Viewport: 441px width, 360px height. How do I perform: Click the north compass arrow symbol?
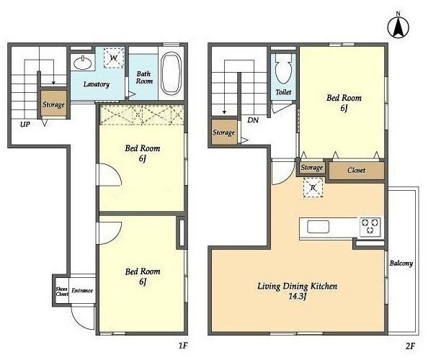pyautogui.click(x=398, y=27)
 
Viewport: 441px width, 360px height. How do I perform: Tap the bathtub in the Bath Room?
pyautogui.click(x=171, y=73)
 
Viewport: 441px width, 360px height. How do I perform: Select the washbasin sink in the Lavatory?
pyautogui.click(x=83, y=63)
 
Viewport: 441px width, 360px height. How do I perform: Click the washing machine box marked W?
pyautogui.click(x=114, y=58)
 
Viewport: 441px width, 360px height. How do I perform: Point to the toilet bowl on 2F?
pyautogui.click(x=283, y=68)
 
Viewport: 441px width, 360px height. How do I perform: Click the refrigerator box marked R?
pyautogui.click(x=313, y=187)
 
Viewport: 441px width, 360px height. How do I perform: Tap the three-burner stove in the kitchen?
pyautogui.click(x=370, y=227)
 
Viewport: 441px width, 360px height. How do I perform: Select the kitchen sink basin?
pyautogui.click(x=318, y=227)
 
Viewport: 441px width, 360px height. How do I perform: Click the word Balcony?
pyautogui.click(x=401, y=264)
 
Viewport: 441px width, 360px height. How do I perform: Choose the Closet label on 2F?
pyautogui.click(x=357, y=171)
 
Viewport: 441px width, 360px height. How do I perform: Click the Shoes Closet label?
pyautogui.click(x=62, y=292)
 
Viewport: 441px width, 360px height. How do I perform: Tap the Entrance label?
pyautogui.click(x=82, y=291)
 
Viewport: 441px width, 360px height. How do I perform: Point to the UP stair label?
pyautogui.click(x=25, y=124)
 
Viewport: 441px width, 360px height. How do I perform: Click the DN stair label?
pyautogui.click(x=253, y=120)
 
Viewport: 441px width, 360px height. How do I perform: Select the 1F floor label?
pyautogui.click(x=183, y=346)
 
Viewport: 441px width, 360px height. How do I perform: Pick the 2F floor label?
pyautogui.click(x=410, y=346)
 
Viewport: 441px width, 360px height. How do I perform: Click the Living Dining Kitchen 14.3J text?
pyautogui.click(x=298, y=291)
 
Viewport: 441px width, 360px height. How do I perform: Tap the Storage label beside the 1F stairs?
pyautogui.click(x=53, y=104)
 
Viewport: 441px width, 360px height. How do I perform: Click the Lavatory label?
pyautogui.click(x=97, y=84)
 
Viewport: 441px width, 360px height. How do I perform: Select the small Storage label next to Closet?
pyautogui.click(x=311, y=168)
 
